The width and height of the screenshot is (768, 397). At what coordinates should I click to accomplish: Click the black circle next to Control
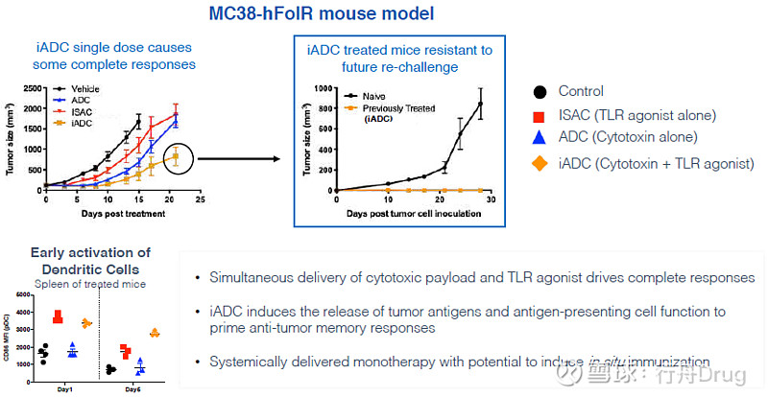coord(541,92)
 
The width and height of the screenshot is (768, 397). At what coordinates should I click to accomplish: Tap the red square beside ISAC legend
coord(541,116)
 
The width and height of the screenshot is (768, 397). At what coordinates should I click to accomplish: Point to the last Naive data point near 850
coord(480,104)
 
